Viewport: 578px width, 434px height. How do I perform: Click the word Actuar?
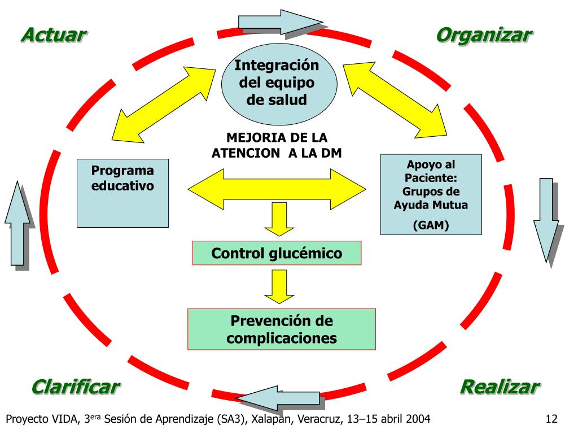click(54, 34)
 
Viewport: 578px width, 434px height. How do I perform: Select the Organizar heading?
click(484, 34)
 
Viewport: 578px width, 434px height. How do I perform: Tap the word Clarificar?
click(75, 387)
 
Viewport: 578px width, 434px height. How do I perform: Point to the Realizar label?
click(499, 387)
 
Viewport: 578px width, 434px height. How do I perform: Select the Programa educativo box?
click(122, 193)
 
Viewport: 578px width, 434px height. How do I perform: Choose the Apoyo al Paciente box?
click(431, 194)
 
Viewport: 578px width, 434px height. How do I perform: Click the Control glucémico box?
click(277, 253)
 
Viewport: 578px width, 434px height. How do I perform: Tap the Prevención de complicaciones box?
click(281, 329)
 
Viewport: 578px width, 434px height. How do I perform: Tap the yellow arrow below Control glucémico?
click(277, 286)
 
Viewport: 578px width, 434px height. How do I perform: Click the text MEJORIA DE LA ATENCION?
click(277, 145)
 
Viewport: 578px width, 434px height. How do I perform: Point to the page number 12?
click(551, 419)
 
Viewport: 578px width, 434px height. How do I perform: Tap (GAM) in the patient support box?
click(431, 225)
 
